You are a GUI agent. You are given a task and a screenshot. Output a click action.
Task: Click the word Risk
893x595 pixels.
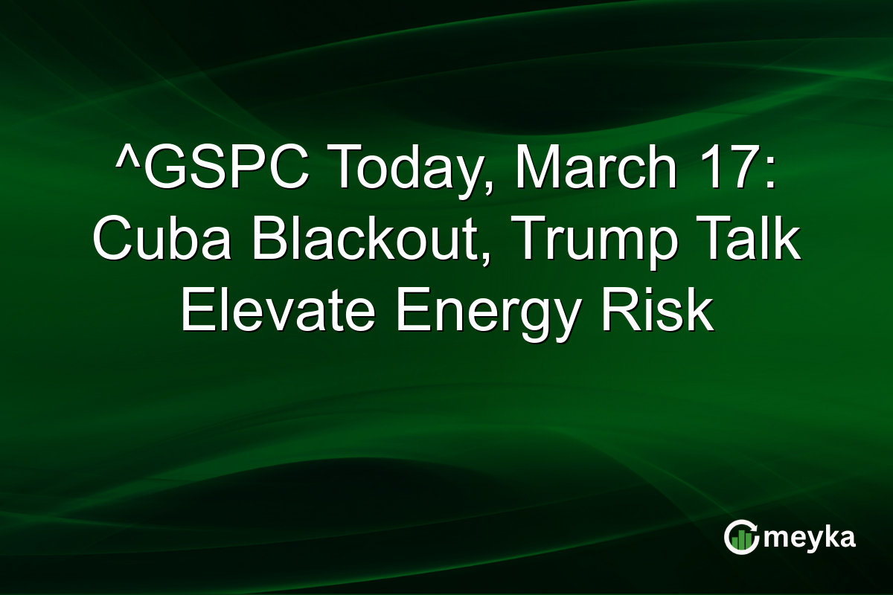[x=656, y=312]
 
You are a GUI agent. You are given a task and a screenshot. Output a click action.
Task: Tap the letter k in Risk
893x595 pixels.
[x=698, y=312]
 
